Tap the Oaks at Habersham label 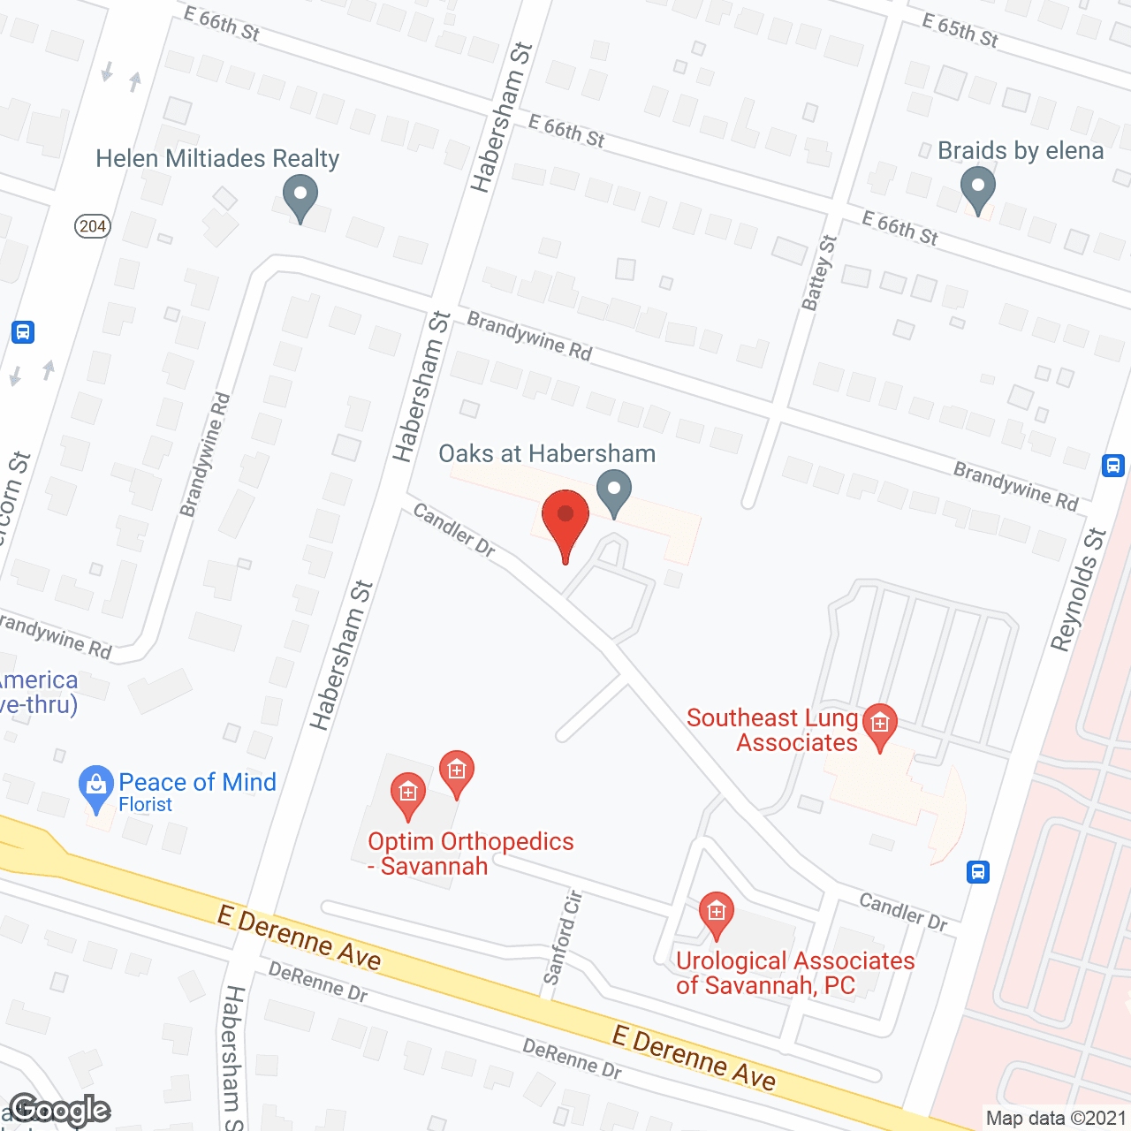click(x=547, y=454)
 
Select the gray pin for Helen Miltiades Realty click(x=300, y=197)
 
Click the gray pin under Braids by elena click(x=977, y=189)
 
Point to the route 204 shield click(x=92, y=226)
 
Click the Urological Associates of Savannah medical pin click(x=716, y=914)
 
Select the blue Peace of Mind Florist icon click(x=95, y=787)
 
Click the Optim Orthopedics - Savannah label click(x=470, y=854)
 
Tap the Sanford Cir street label click(x=563, y=937)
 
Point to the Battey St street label click(x=818, y=273)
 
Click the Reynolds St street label click(x=1078, y=589)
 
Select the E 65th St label click(x=960, y=31)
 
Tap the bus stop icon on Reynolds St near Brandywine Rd click(x=1113, y=465)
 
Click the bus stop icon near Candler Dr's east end click(x=977, y=872)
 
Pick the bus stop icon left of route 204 click(x=23, y=332)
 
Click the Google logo click(x=59, y=1110)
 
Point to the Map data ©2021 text click(x=1056, y=1118)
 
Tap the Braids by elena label click(x=1021, y=151)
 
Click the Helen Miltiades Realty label click(x=217, y=159)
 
